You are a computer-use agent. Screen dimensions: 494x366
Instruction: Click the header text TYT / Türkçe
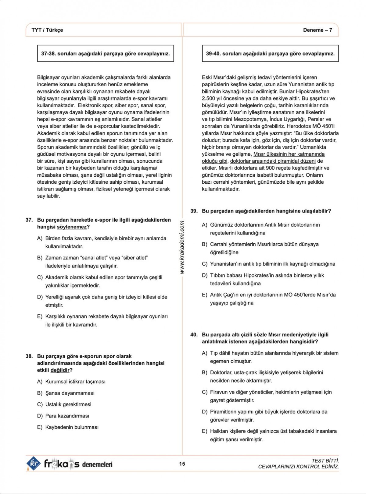(47, 30)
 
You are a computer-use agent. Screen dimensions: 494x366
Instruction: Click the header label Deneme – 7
(317, 30)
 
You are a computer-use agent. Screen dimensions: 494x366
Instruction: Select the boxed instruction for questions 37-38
(106, 54)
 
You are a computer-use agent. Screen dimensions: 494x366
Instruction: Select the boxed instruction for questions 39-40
(270, 54)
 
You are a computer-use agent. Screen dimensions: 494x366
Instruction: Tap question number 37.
(29, 220)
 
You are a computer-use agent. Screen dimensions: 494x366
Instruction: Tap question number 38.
(29, 356)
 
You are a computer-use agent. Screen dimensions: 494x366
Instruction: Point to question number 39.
(194, 211)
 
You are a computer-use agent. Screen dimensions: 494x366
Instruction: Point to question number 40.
(194, 334)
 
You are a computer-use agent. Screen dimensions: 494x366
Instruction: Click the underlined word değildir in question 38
(60, 370)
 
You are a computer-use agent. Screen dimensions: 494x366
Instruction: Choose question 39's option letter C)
(205, 264)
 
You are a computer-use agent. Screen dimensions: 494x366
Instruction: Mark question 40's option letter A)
(205, 353)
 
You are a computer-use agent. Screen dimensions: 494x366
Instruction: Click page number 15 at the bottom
(182, 464)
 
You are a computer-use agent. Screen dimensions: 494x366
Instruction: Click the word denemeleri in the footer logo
(97, 464)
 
